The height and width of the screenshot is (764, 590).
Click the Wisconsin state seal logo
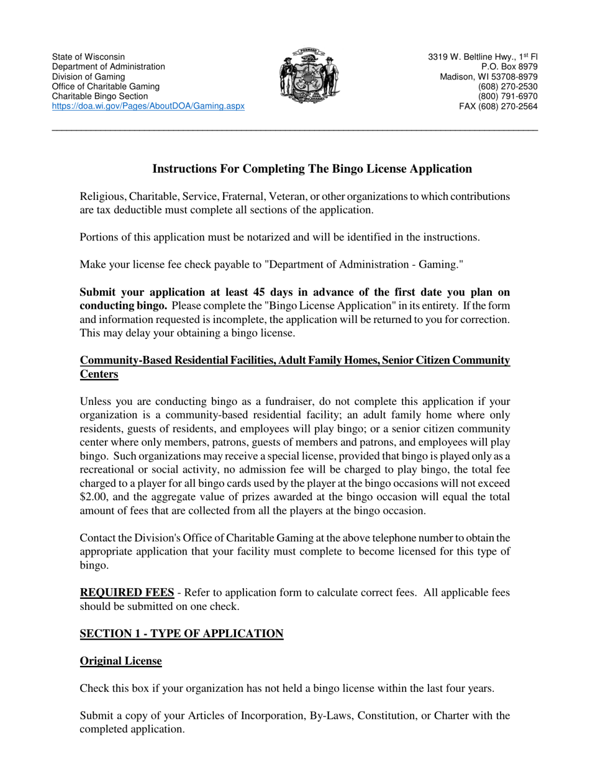click(309, 75)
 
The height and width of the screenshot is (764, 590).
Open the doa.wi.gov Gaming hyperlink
click(148, 106)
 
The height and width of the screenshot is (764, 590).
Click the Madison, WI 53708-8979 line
click(489, 76)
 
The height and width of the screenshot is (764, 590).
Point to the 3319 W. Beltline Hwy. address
click(483, 57)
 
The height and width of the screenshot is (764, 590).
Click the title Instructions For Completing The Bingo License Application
click(312, 169)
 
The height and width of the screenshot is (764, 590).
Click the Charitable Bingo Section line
click(100, 96)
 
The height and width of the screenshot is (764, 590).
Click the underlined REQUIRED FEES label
click(127, 592)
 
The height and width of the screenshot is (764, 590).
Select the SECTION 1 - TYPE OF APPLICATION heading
click(181, 634)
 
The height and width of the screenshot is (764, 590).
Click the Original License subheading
click(120, 661)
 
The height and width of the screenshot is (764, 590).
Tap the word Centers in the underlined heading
click(99, 375)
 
